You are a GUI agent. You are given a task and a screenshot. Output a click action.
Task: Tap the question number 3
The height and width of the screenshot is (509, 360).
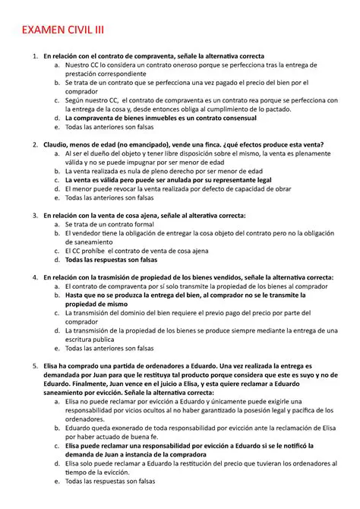point(36,216)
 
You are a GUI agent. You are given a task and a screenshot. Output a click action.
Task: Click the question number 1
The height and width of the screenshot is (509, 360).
point(36,55)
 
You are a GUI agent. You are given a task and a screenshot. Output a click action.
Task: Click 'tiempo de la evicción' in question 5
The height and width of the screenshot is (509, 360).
point(102,471)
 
